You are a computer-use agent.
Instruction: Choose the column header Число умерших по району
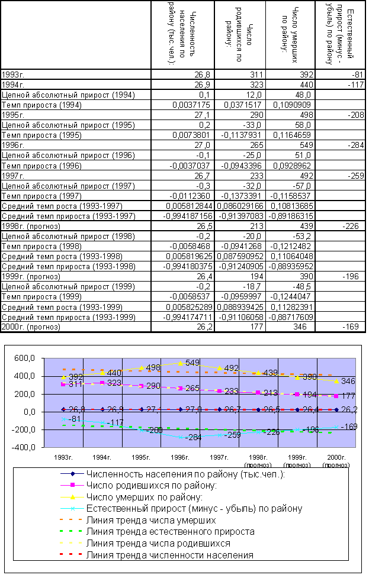290,34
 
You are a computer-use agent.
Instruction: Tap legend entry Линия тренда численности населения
169,555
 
